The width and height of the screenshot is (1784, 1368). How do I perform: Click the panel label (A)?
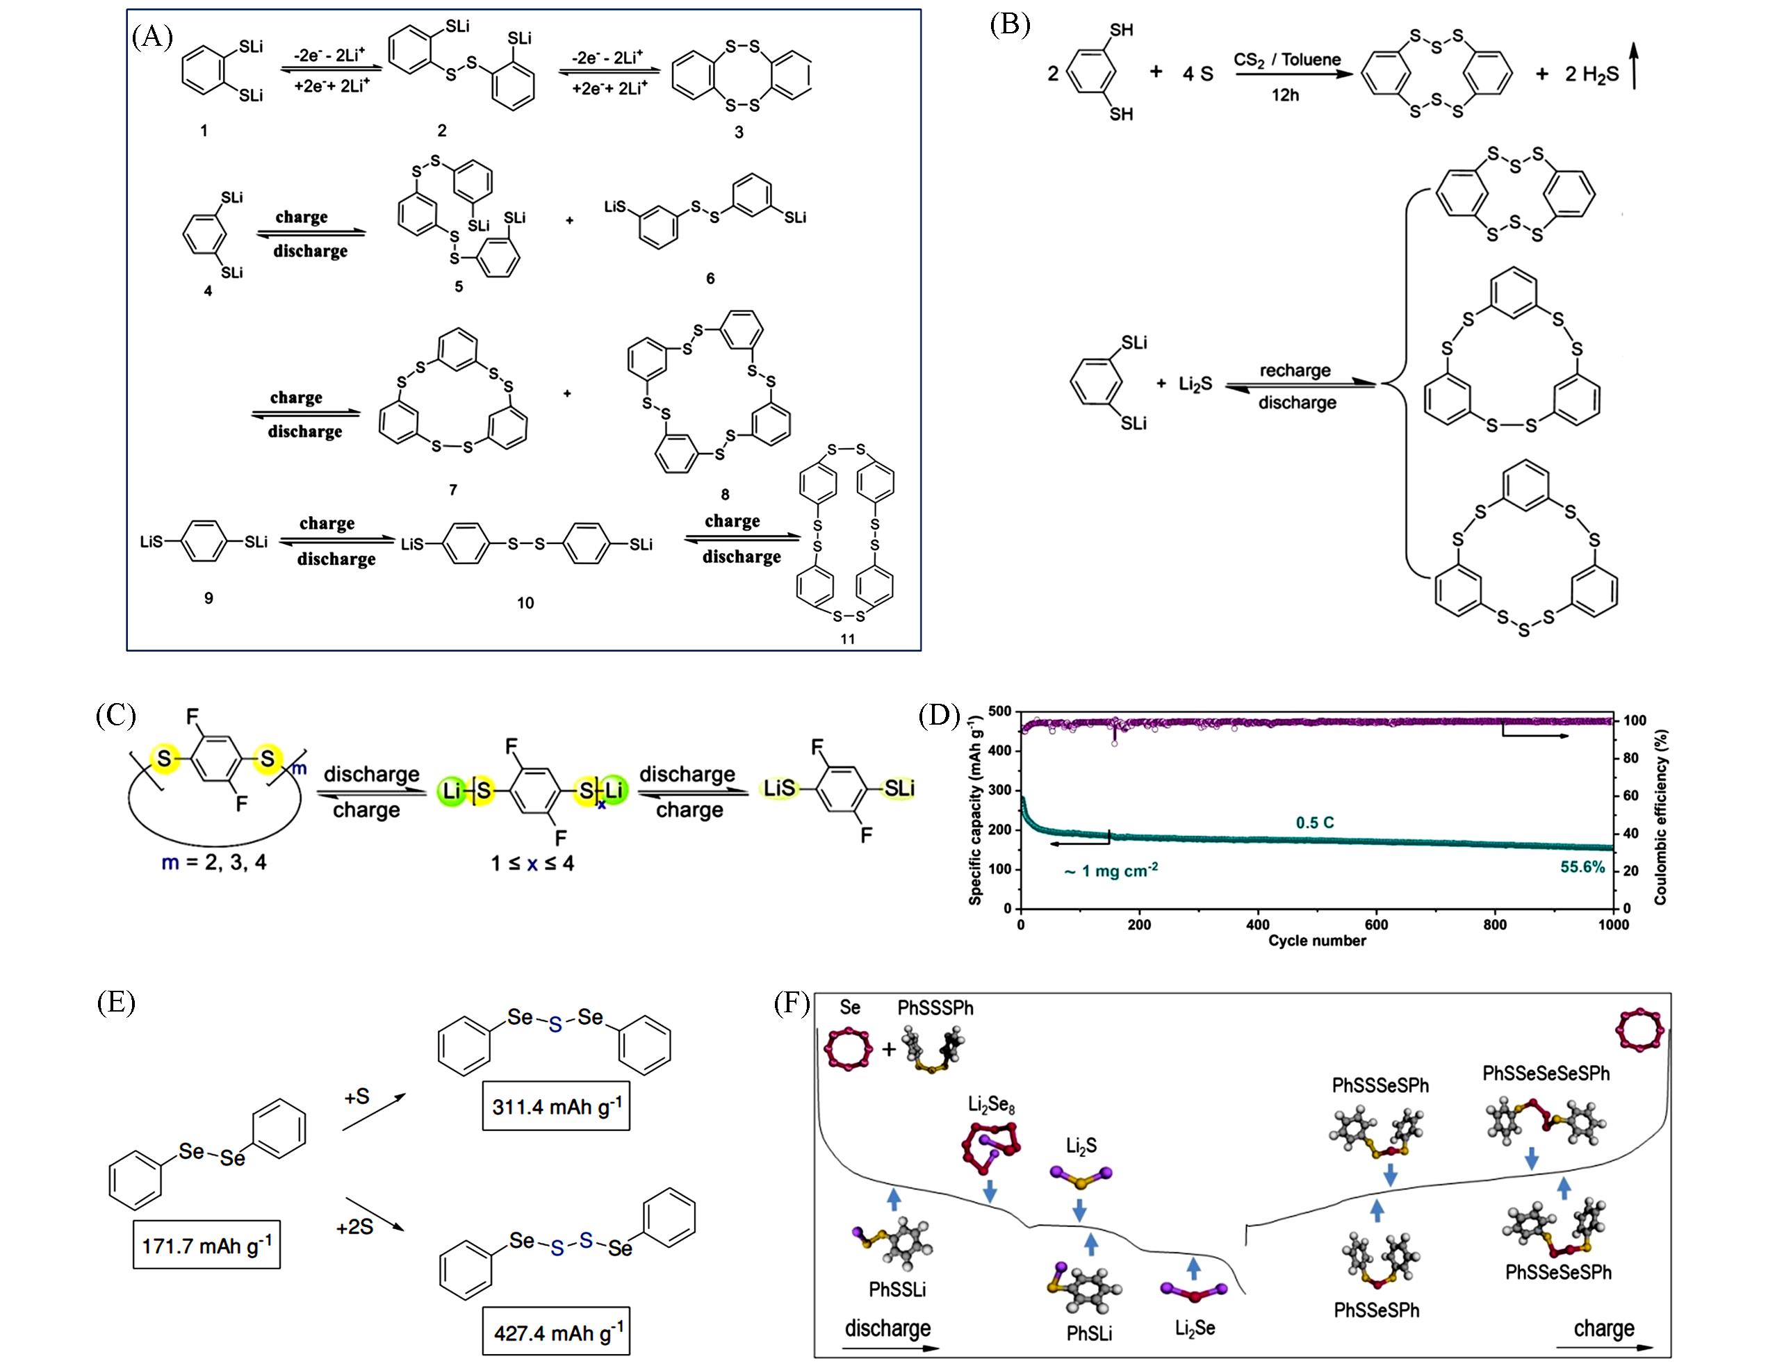pos(152,38)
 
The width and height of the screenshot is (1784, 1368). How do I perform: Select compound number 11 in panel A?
pos(848,639)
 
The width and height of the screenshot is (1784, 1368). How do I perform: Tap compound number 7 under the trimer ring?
pos(453,489)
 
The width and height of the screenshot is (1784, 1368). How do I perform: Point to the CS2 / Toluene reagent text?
pos(1287,60)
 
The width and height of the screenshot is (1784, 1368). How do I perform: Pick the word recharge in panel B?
pos(1295,370)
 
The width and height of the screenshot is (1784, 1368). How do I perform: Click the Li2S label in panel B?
pos(1195,384)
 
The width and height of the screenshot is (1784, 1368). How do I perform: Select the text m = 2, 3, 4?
pos(213,862)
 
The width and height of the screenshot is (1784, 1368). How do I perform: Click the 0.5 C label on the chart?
pos(1315,823)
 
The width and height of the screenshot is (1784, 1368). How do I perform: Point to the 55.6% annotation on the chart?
pos(1582,867)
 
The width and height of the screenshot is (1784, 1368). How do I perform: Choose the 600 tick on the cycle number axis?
pos(1377,924)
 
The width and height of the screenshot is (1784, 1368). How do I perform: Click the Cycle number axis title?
pos(1316,941)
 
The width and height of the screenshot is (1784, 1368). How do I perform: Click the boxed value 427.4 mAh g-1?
pos(557,1332)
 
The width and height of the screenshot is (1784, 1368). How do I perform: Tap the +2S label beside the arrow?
pos(354,1226)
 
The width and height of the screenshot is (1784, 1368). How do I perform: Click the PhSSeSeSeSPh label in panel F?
pos(1546,1073)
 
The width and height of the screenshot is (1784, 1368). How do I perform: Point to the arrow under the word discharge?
pos(890,1348)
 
